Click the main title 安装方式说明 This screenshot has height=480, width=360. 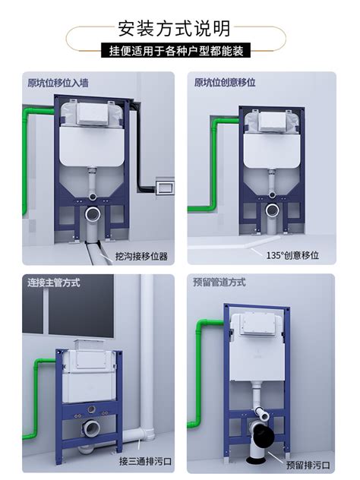[174, 29]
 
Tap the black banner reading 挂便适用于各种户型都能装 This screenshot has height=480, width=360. [176, 51]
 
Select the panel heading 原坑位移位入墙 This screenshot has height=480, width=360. [58, 83]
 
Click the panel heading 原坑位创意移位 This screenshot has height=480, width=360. [225, 82]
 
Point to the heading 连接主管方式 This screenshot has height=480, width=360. [54, 283]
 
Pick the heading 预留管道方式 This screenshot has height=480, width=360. [219, 282]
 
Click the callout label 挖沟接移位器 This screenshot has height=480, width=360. [142, 256]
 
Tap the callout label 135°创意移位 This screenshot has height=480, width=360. [292, 255]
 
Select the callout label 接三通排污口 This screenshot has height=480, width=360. [145, 461]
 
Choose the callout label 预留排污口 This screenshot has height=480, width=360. [308, 466]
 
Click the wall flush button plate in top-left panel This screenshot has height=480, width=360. [165, 186]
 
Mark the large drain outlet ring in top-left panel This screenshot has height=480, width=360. [93, 214]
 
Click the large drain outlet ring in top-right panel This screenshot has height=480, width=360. [272, 210]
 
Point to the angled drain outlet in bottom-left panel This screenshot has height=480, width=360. [90, 428]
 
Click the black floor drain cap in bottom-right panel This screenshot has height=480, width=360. [257, 459]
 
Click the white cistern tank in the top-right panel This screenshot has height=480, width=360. [272, 151]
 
